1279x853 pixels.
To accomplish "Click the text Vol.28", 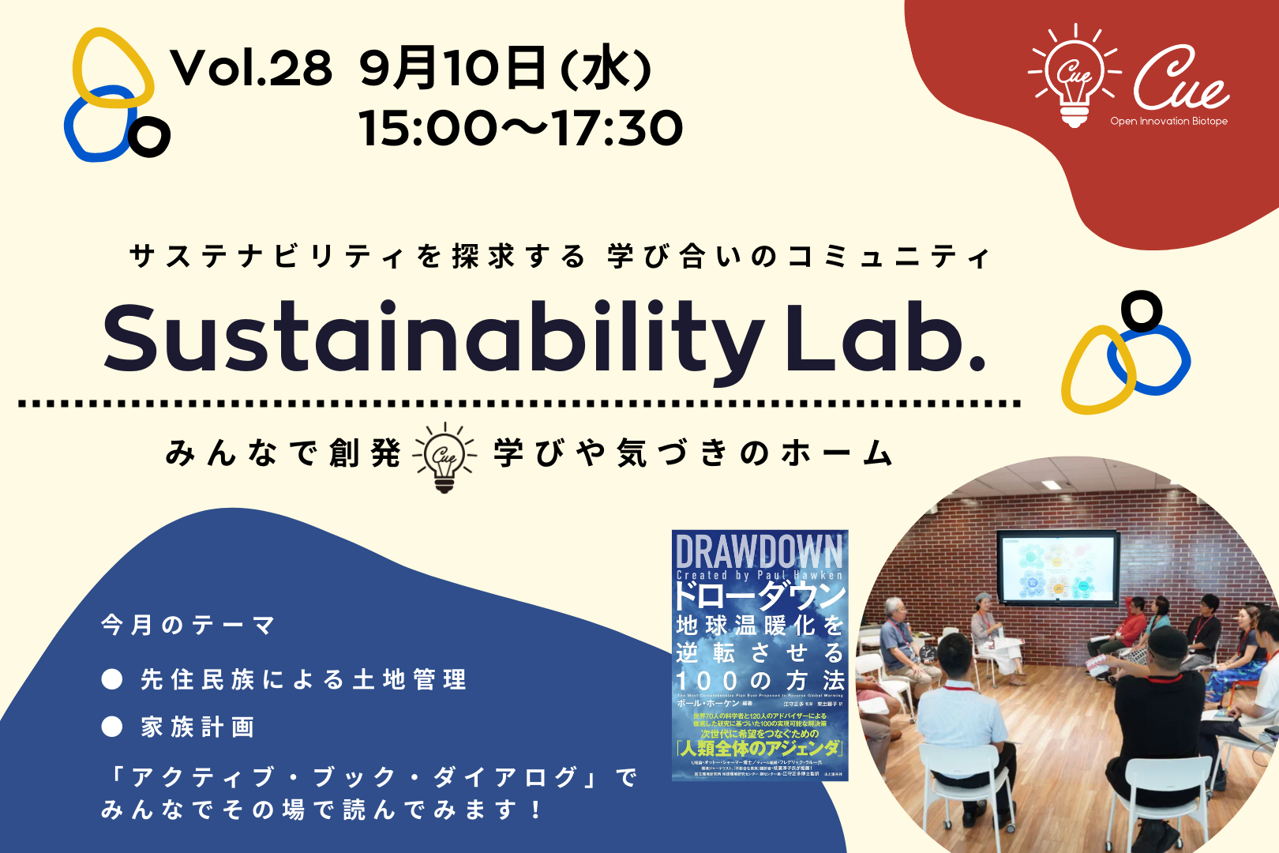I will [x=251, y=68].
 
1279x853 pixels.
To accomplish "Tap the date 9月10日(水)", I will [x=505, y=68].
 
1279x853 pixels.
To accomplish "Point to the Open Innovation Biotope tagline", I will [x=1168, y=122].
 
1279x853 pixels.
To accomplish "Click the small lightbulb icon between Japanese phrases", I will [x=445, y=457].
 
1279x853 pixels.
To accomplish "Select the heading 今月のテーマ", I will [x=188, y=626].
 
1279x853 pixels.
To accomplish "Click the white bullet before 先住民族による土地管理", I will [x=112, y=679].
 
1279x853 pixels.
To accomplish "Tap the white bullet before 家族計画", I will [x=112, y=727].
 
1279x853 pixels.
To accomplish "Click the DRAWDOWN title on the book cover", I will [x=760, y=551].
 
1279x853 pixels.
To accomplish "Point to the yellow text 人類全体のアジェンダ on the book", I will [x=760, y=747].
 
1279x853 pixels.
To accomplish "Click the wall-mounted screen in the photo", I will [x=1057, y=566].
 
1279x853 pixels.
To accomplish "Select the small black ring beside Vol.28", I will [x=149, y=137].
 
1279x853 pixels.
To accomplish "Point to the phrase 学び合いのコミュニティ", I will [x=797, y=257].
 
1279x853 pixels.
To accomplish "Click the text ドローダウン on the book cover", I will [x=760, y=594].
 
